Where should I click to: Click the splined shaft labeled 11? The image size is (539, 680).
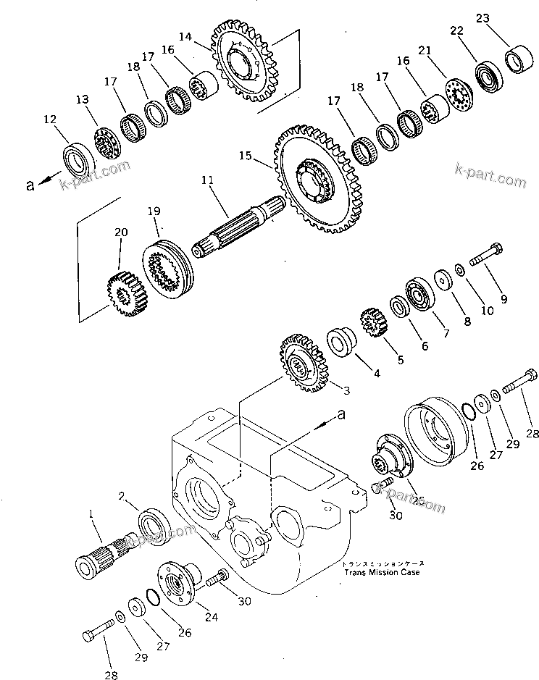[239, 227]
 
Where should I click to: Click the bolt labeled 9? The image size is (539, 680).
[485, 259]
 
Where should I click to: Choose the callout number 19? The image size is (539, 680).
[153, 211]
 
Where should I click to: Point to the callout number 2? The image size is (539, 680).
[123, 497]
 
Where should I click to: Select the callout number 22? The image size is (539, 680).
[456, 30]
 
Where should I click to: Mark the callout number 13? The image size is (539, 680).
[82, 99]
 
